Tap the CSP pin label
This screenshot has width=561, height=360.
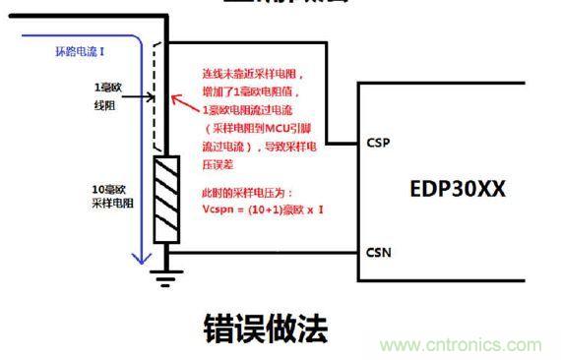378,144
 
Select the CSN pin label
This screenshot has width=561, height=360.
378,252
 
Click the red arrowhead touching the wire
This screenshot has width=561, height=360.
173,98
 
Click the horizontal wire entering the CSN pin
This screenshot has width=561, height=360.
266,252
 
